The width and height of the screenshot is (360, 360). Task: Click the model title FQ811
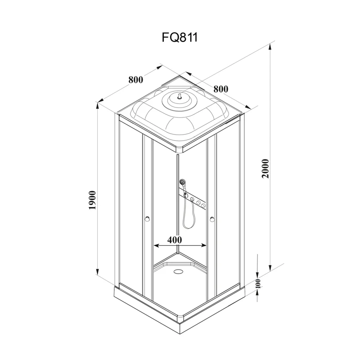[180, 37]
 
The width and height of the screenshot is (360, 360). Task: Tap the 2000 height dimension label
[265, 169]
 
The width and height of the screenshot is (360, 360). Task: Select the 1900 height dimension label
[92, 200]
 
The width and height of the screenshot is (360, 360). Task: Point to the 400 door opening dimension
[175, 240]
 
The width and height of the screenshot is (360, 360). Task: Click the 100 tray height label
[258, 283]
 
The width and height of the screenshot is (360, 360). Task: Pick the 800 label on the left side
[136, 80]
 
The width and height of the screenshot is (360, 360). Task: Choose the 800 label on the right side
[221, 89]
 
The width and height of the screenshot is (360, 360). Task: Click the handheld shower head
[183, 183]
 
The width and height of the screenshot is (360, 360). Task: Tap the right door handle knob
[212, 219]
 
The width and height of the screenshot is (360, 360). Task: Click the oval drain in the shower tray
[178, 271]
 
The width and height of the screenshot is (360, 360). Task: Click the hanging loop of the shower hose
[188, 216]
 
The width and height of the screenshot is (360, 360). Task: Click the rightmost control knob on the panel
[203, 206]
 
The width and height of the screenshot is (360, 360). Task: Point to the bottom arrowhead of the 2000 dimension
[270, 267]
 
